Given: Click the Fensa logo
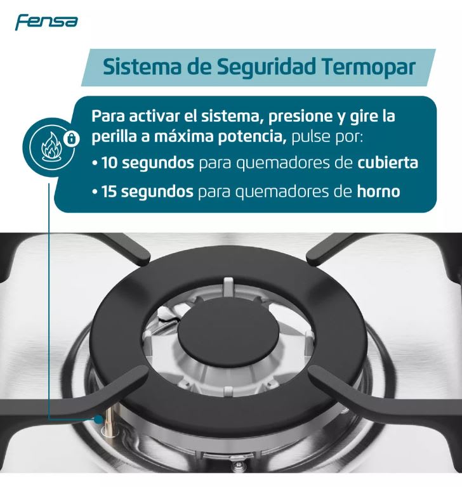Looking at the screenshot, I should pos(46,22).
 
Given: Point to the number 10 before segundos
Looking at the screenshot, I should pos(109,163).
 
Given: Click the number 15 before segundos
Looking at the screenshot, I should pos(109,191).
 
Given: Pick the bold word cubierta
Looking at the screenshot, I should pos(387,163).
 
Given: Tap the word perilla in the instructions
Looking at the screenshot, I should pos(112,136).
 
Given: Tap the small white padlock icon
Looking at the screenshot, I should pos(73,137).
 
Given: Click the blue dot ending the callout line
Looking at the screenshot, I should pos(99,419).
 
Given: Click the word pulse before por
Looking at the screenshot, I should pos(313,136).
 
